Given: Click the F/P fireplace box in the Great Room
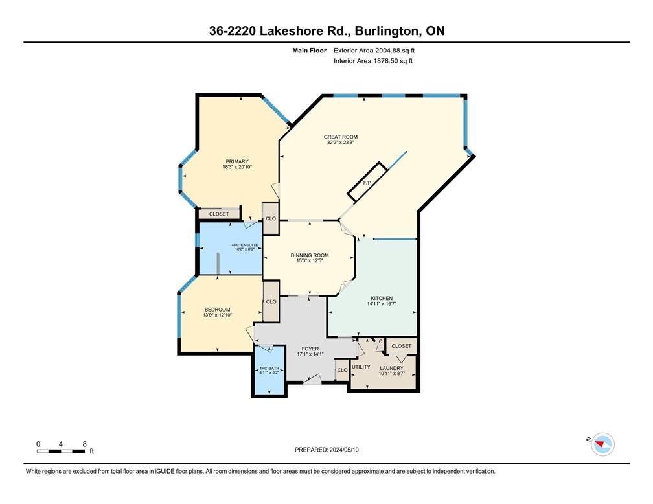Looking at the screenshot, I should (x=367, y=183).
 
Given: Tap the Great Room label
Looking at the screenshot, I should (x=341, y=137).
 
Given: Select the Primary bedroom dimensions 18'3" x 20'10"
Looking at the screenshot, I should (x=236, y=167).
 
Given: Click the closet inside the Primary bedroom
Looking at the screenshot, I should (x=219, y=214).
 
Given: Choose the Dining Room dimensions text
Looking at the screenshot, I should (x=308, y=260).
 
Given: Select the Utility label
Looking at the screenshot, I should (x=361, y=367).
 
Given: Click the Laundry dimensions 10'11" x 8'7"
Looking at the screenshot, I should (x=391, y=373).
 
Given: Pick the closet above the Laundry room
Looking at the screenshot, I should (x=402, y=346).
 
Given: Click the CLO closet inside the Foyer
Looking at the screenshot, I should (x=341, y=371).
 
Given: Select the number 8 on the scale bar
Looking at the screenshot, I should (x=84, y=444).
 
